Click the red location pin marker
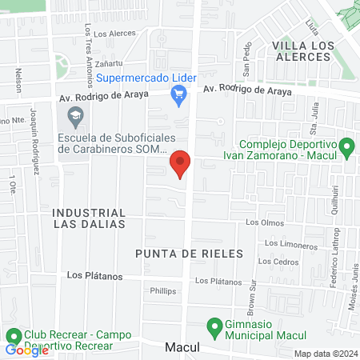tap(181, 163)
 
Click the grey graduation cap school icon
tap(74, 118)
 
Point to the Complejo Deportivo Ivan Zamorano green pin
tap(346, 147)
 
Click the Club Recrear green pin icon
tap(13, 336)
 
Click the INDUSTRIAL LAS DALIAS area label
tap(89, 218)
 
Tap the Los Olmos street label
tap(265, 222)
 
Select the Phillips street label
tap(162, 292)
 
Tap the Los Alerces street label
tap(110, 34)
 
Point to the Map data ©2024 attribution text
tap(324, 354)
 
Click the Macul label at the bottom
tap(182, 348)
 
